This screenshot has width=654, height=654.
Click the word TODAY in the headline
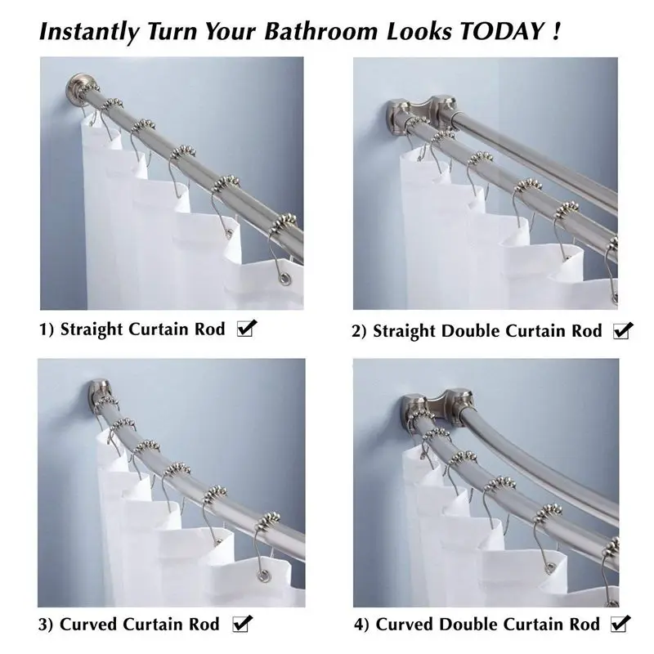point(503,32)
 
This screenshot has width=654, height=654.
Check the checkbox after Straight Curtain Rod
point(245,329)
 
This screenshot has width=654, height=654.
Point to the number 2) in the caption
point(361,331)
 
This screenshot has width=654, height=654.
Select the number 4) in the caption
point(361,625)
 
